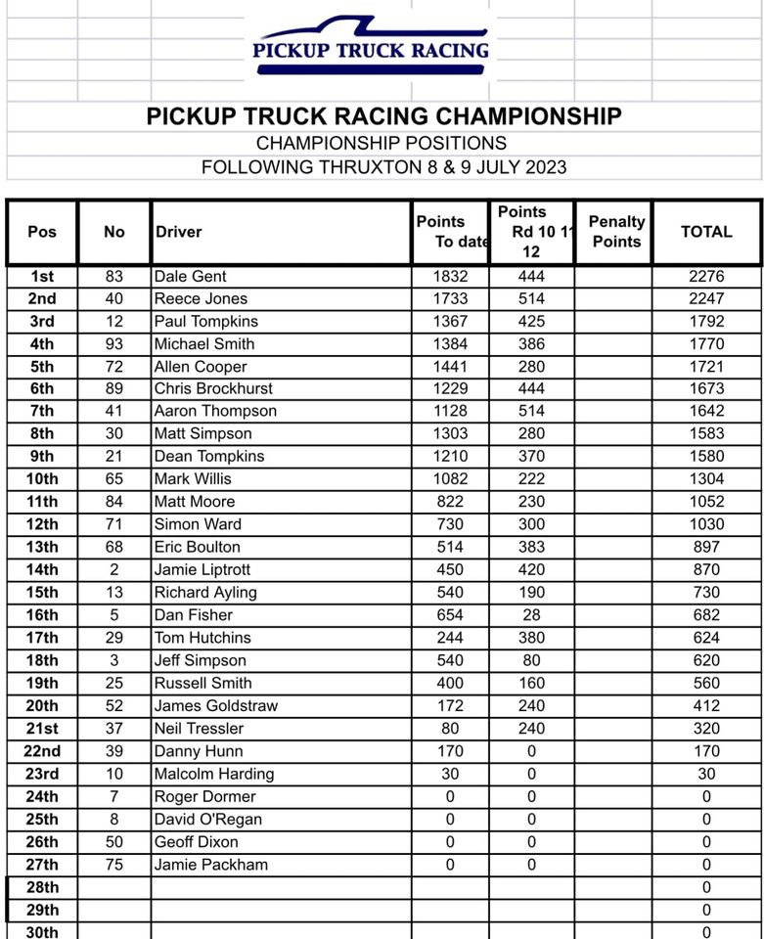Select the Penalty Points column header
point(616,232)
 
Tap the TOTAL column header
point(705,232)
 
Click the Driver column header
point(179,232)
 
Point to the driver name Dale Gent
point(190,277)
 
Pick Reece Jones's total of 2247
point(705,299)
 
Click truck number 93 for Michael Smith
point(114,344)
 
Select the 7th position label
point(42,412)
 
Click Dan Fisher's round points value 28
point(531,615)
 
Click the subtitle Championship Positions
point(382,143)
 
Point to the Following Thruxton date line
point(382,166)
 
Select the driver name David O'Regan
point(207,820)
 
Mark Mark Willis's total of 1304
point(705,479)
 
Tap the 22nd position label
point(42,751)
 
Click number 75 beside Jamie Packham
point(114,865)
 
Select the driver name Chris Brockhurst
point(214,389)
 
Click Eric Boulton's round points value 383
point(531,547)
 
